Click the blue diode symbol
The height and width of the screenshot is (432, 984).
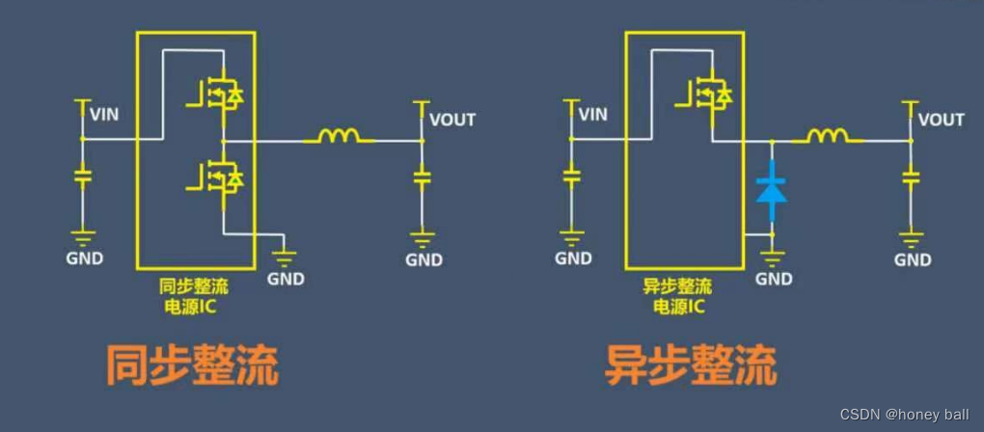click(x=772, y=189)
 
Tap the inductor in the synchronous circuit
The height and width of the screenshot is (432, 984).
click(x=339, y=138)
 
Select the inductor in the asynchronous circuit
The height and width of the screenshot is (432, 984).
click(x=827, y=138)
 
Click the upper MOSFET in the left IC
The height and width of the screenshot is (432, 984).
click(x=221, y=94)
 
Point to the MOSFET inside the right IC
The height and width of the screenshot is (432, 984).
click(x=709, y=94)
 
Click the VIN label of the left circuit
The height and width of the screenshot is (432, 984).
click(x=104, y=115)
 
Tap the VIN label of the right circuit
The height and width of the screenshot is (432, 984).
click(x=592, y=115)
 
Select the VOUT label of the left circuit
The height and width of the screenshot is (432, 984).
click(x=452, y=120)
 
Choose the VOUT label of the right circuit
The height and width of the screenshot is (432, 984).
click(x=941, y=120)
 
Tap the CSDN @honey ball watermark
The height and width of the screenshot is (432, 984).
click(x=904, y=415)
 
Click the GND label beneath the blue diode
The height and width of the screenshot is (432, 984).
click(x=774, y=279)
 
